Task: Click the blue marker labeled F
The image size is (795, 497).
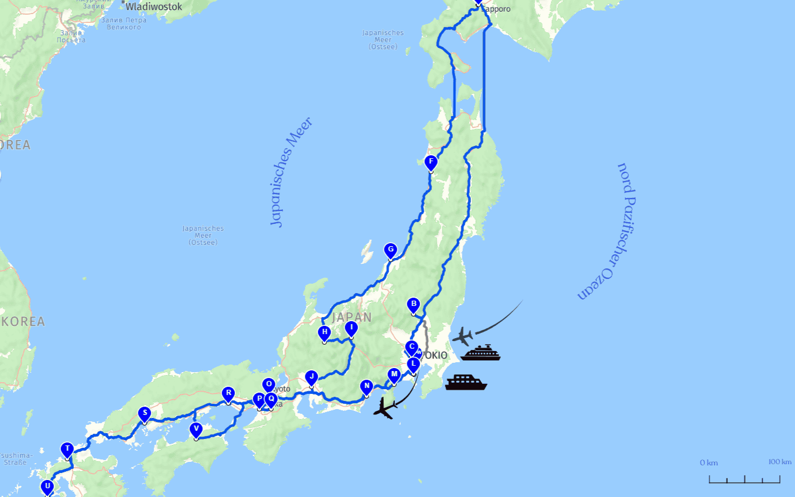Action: (x=431, y=162)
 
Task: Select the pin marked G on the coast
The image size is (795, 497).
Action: (x=390, y=250)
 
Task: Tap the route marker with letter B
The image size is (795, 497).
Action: (x=414, y=304)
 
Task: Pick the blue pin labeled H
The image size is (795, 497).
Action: (x=324, y=332)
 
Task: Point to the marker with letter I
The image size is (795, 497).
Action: (x=351, y=328)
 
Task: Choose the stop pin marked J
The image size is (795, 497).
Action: (x=312, y=377)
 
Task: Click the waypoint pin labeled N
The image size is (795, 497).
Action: (x=367, y=386)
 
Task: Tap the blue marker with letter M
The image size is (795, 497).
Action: (x=394, y=375)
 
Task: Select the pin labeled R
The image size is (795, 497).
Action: (x=228, y=393)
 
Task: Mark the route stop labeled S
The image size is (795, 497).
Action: (x=144, y=413)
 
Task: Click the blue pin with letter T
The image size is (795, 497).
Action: (x=67, y=449)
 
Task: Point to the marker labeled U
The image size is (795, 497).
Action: (x=47, y=486)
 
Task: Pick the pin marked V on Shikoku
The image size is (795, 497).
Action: (x=196, y=429)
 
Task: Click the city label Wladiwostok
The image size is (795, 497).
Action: (x=153, y=7)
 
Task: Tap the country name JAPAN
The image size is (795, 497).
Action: (x=352, y=318)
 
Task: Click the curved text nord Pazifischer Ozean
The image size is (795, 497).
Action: (x=608, y=231)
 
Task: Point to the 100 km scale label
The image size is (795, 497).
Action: (x=779, y=462)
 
